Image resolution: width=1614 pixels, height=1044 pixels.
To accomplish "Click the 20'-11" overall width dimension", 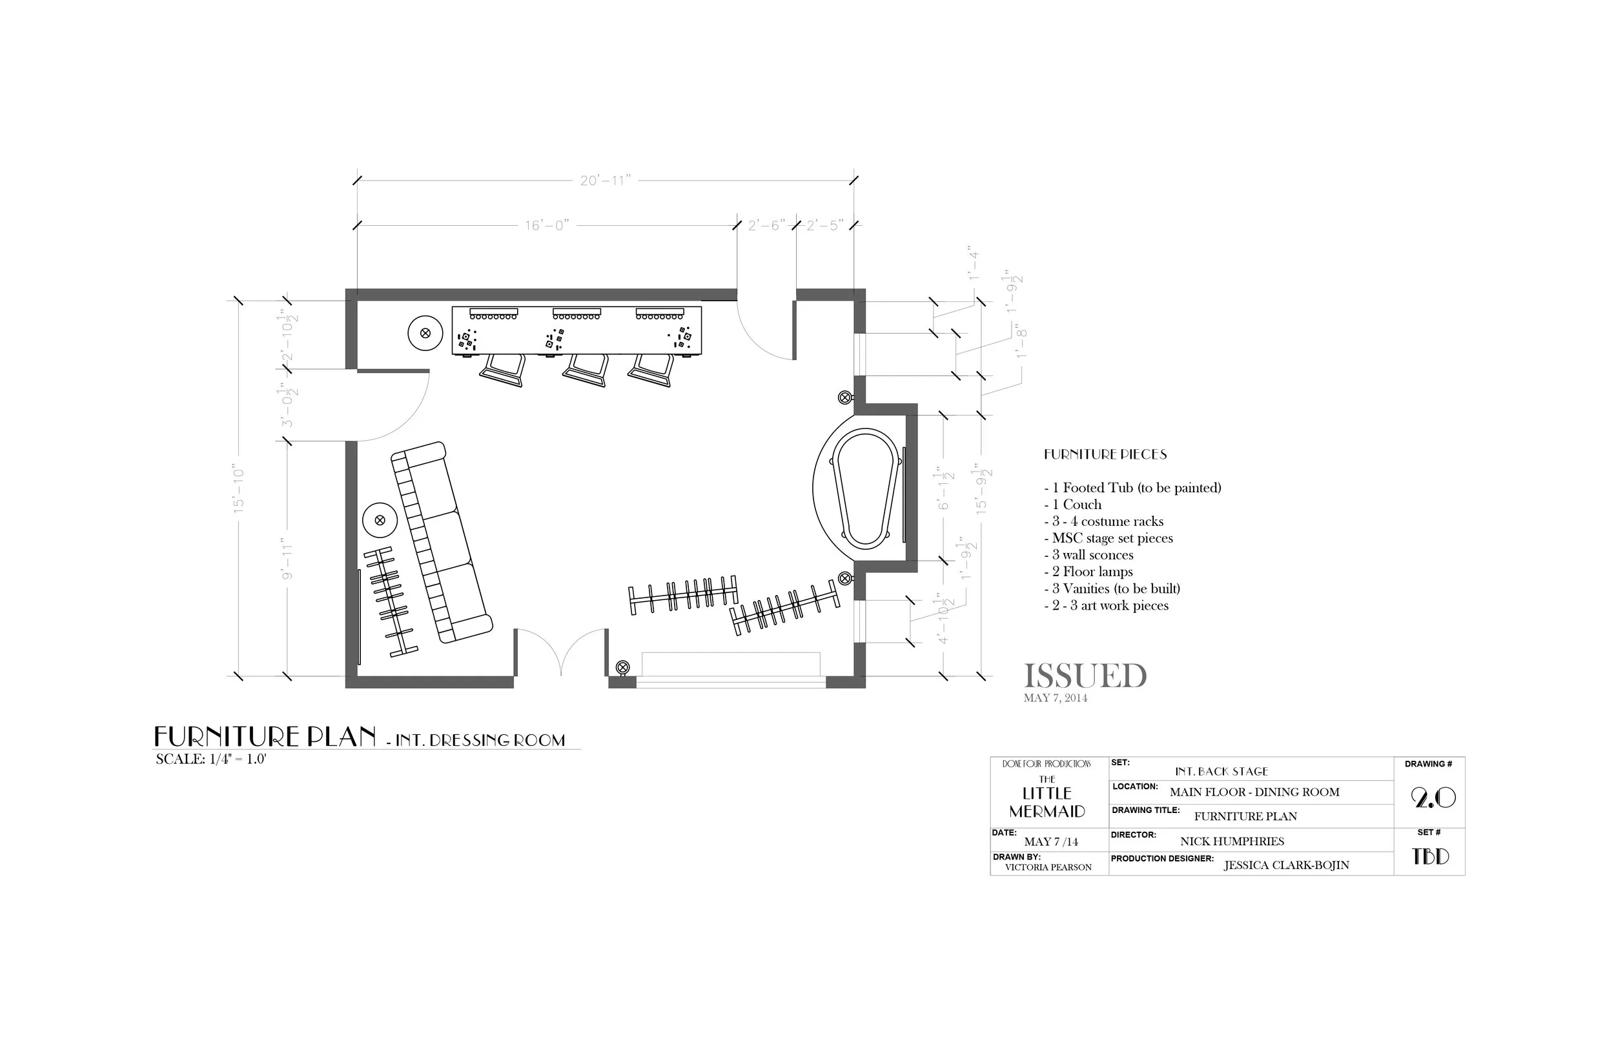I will (x=605, y=180).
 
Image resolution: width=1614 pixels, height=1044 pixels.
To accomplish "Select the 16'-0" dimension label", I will (x=546, y=225).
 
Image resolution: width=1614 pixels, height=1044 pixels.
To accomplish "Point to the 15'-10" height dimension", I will (x=238, y=488).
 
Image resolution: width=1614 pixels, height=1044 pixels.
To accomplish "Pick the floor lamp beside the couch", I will (x=380, y=520).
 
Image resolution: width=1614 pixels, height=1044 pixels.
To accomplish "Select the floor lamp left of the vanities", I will (x=425, y=333).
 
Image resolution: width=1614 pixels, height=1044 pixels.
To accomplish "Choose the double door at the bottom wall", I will (x=561, y=652).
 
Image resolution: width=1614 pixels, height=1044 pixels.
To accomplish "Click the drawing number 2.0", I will (x=1433, y=798).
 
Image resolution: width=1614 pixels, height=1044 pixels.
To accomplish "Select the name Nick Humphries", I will (x=1232, y=841).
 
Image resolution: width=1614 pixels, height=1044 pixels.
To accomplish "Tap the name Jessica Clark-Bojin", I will (x=1286, y=865).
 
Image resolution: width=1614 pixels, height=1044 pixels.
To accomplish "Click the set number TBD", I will (x=1430, y=857).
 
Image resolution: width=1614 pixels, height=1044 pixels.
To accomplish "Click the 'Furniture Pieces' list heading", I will (x=1105, y=454).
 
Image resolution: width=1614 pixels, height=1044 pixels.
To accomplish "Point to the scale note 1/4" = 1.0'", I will (x=211, y=759).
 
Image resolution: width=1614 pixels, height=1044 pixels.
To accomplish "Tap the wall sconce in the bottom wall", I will (x=622, y=668).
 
